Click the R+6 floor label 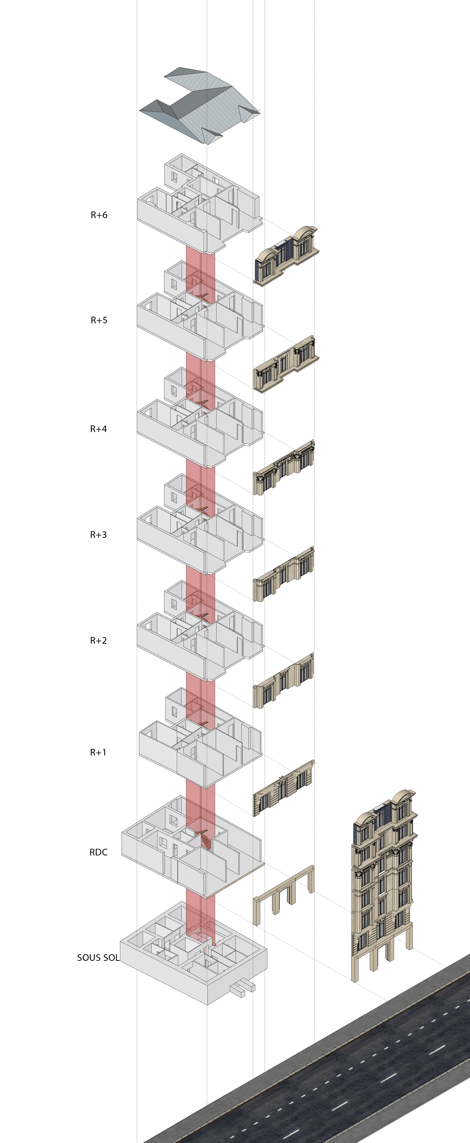coord(99,215)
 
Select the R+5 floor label coord(99,320)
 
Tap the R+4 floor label coord(99,429)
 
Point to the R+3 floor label coord(99,535)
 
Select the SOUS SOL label coord(98,958)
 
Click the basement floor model coord(194,954)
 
